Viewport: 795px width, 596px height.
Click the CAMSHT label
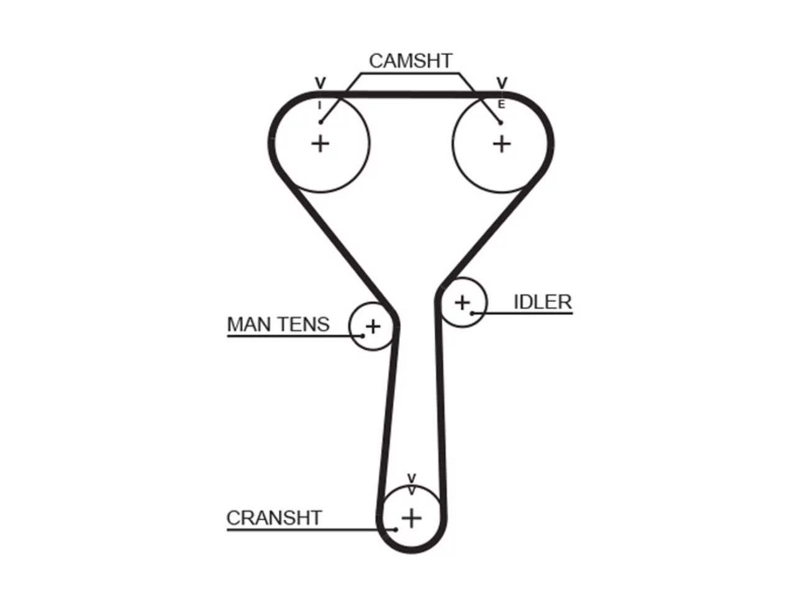(x=411, y=61)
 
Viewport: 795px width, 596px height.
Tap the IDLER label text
(x=543, y=302)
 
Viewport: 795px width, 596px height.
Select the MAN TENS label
(x=278, y=324)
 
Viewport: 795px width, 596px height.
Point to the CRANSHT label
(x=274, y=518)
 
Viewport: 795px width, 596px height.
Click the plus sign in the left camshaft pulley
(x=320, y=144)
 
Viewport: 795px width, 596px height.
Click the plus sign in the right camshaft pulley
(x=502, y=144)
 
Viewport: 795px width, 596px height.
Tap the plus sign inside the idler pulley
(x=462, y=302)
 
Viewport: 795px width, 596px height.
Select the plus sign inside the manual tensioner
(x=373, y=327)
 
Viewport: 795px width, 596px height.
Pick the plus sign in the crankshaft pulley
(x=411, y=518)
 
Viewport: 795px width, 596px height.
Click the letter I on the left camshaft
(x=319, y=106)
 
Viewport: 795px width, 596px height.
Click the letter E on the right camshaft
(x=501, y=104)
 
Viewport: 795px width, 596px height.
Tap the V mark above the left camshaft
(x=320, y=83)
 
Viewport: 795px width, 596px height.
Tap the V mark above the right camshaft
(x=502, y=83)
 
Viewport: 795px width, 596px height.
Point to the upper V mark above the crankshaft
(x=411, y=479)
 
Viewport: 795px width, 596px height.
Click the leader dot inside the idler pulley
(x=472, y=314)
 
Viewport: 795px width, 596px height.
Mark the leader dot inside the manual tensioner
(x=363, y=336)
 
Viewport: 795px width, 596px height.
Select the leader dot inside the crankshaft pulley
(x=396, y=530)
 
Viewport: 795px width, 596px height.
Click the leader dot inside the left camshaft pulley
(x=320, y=122)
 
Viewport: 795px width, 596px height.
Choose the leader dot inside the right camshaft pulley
(x=501, y=123)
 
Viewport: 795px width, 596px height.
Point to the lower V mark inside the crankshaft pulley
(x=411, y=491)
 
